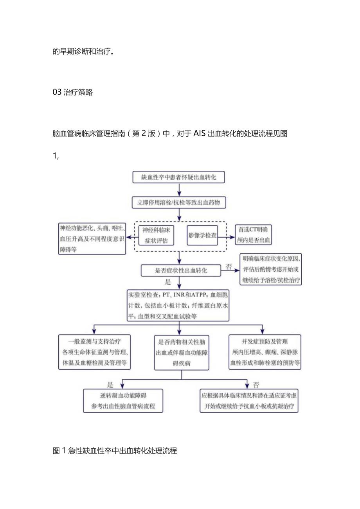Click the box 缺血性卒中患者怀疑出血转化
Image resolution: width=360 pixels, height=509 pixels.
pos(178,177)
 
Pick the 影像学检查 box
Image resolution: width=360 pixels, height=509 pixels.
pos(202,235)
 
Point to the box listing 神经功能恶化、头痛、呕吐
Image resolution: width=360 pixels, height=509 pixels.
pos(92,238)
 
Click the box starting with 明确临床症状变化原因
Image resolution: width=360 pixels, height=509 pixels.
pos(271,269)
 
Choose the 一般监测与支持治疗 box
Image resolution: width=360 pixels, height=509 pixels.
pos(94,352)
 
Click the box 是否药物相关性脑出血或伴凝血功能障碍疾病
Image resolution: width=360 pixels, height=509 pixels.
pos(182,352)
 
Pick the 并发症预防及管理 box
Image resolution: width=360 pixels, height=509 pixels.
pos(265,352)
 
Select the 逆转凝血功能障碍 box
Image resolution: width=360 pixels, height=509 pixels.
pos(123,400)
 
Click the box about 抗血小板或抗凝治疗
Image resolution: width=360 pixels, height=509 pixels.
pos(249,400)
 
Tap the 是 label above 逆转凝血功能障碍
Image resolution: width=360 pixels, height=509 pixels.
pos(110,384)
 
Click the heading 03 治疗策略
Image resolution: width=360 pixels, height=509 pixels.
pos(73,93)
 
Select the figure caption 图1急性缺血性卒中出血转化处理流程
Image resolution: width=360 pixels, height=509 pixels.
pos(115,451)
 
